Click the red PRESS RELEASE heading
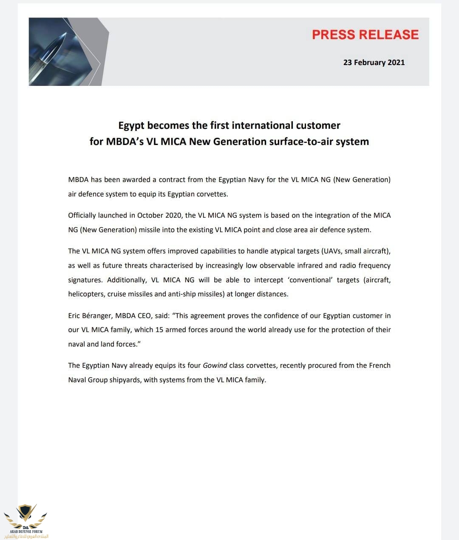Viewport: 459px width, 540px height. point(365,35)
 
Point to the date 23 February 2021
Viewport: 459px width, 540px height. point(374,63)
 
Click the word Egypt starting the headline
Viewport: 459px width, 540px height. point(132,126)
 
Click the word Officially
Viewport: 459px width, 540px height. point(82,215)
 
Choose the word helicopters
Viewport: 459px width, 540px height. point(86,294)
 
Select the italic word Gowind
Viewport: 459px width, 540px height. point(215,365)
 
